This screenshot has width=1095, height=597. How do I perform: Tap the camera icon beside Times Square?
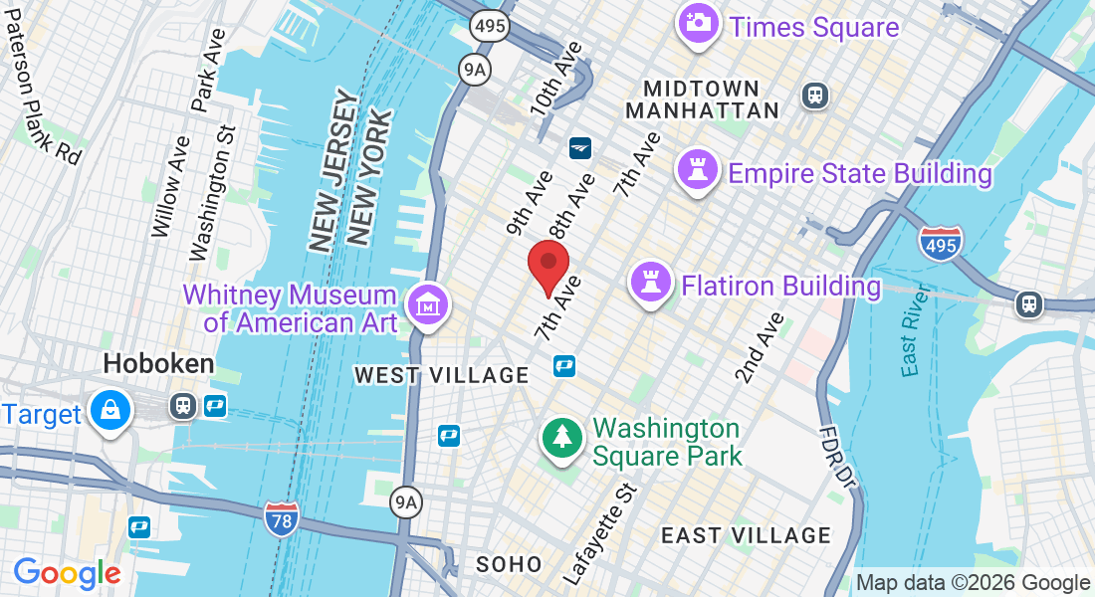(698, 23)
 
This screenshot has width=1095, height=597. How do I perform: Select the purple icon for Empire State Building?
(698, 171)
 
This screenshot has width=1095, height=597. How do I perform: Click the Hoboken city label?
(158, 364)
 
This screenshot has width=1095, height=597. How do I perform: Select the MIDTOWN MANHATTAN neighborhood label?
(703, 99)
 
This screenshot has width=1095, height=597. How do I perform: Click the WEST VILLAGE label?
(442, 375)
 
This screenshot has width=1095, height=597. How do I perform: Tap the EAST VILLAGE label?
(746, 535)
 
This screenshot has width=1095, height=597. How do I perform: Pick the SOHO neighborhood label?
(509, 564)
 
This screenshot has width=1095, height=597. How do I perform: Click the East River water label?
(912, 331)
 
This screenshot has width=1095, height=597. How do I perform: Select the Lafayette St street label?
(598, 534)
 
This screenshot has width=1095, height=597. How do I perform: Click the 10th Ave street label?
(554, 79)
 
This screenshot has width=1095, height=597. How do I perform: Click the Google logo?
(67, 572)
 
